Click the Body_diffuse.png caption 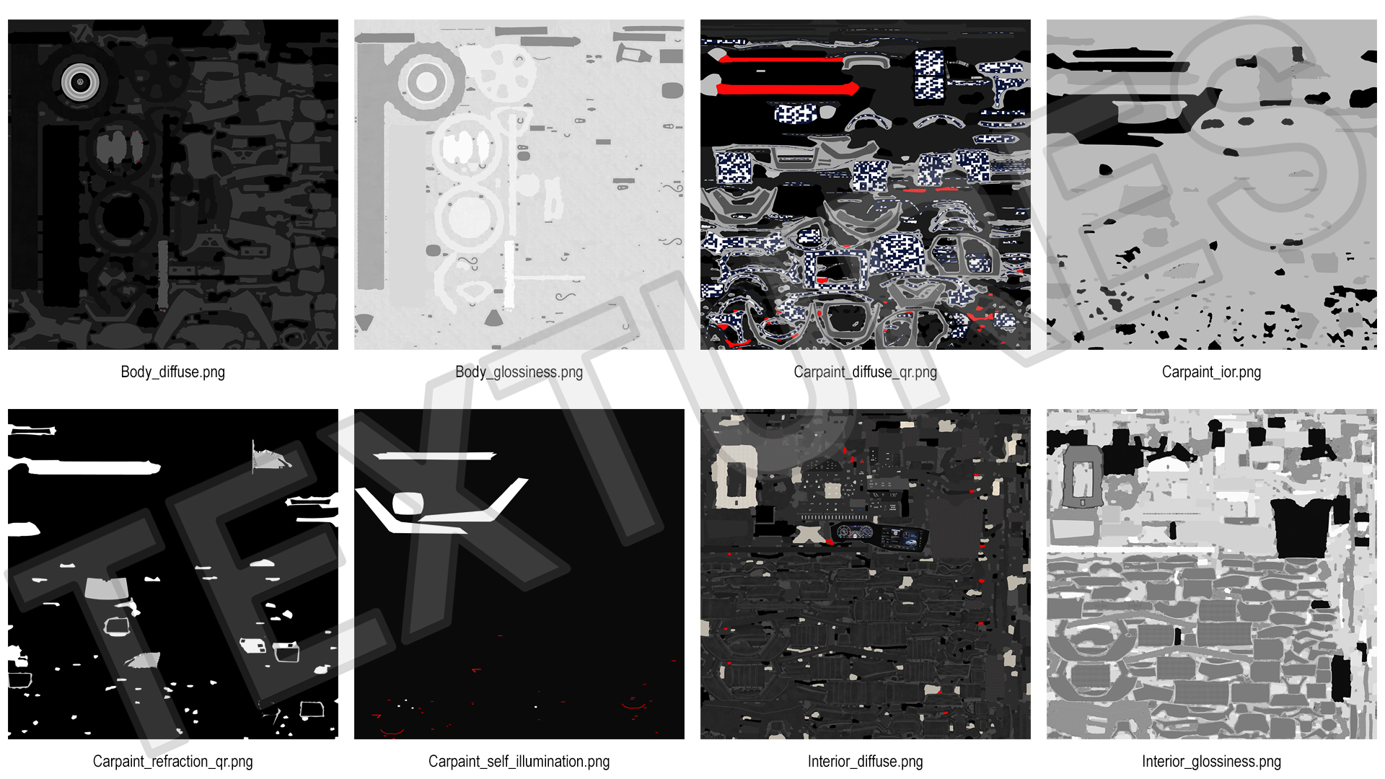[x=172, y=372]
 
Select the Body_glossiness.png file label [x=519, y=372]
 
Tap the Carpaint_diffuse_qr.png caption [x=865, y=372]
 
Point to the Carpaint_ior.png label [x=1211, y=372]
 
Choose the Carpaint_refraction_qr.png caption [x=172, y=762]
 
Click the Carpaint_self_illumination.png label [x=519, y=762]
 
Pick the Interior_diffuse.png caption [x=865, y=762]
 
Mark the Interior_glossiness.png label [x=1211, y=762]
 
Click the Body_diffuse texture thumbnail [x=173, y=185]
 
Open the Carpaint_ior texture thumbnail [x=1212, y=185]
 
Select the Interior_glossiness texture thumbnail [x=1212, y=574]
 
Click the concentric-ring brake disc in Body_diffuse [x=80, y=82]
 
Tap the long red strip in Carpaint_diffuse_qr [x=786, y=89]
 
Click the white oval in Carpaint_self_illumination [x=407, y=503]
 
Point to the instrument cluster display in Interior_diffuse [x=879, y=537]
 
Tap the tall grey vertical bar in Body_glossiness [x=371, y=166]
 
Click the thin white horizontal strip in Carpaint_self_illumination [x=434, y=456]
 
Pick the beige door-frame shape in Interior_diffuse [x=734, y=476]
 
